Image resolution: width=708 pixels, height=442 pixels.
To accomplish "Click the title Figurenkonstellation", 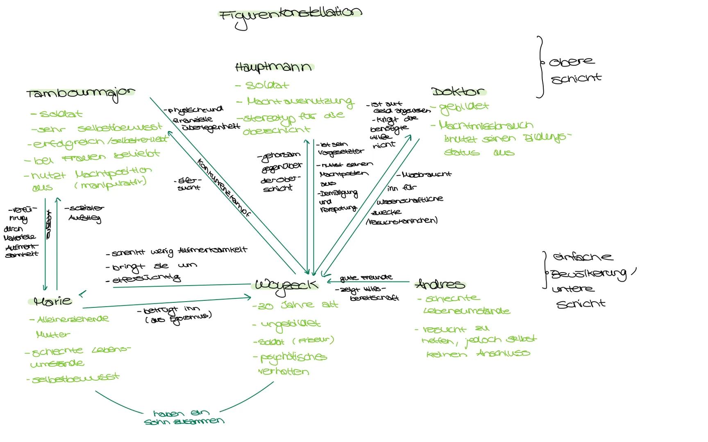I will tap(290, 16).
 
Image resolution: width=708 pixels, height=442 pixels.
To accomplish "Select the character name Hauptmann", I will tap(273, 67).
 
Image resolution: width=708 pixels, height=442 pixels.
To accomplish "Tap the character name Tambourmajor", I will tap(81, 93).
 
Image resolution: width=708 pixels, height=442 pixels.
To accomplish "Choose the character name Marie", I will tap(53, 302).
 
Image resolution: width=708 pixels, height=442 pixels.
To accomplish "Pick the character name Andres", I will tap(440, 284).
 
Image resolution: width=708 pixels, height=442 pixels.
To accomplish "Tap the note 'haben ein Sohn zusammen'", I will tap(184, 417).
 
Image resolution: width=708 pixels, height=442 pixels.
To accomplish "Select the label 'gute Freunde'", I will tap(366, 278).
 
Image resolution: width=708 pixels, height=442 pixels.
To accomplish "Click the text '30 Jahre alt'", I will tap(295, 305).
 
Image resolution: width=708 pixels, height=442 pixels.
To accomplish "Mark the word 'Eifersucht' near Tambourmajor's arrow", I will tap(188, 184).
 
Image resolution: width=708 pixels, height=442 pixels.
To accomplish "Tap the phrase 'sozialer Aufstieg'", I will tap(84, 213).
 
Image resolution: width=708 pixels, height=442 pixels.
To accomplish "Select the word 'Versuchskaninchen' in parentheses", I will tap(402, 221).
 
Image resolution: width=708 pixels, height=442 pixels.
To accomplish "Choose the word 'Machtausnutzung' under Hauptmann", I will tap(299, 101).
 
